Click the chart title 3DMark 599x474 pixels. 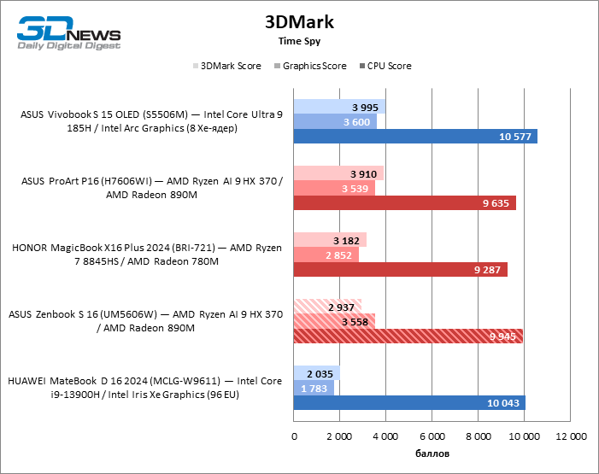[299, 22]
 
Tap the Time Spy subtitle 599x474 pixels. [299, 40]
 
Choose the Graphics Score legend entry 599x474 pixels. [309, 66]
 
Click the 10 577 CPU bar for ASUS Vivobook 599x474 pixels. [415, 137]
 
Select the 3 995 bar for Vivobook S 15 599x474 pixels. [339, 107]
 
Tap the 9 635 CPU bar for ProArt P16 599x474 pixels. [404, 203]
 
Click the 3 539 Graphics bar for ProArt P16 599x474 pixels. [334, 188]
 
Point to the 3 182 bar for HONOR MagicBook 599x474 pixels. [330, 239]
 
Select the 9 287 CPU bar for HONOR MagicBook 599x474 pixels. [400, 270]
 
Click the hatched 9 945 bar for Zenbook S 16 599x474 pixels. [408, 336]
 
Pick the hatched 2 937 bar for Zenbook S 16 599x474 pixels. [327, 306]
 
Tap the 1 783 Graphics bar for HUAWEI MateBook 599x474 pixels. [314, 388]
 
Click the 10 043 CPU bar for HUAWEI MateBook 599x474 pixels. [409, 403]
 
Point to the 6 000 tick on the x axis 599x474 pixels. [432, 436]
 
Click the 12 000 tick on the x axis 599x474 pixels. [571, 436]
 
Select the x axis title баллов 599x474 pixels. [432, 453]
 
